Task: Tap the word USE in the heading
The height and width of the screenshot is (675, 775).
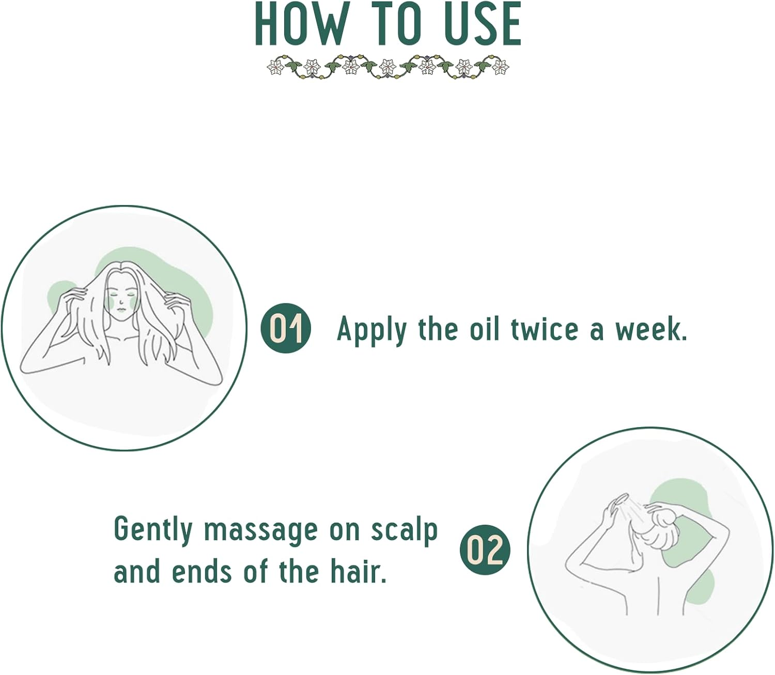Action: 482,24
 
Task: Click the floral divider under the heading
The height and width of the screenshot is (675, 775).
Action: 388,67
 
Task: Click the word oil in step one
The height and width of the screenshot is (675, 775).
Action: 485,329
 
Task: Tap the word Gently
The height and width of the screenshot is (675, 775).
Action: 153,530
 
